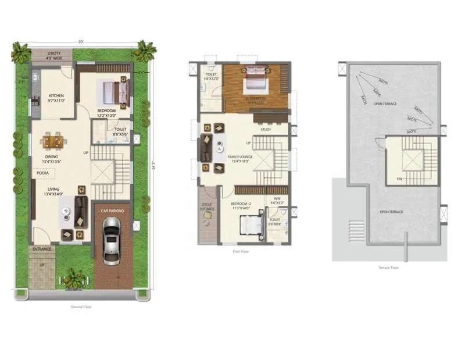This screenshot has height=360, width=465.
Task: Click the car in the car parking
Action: pos(110,240)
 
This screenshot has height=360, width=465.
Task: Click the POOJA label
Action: pos(42,173)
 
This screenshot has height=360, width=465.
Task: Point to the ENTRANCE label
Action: pos(42,249)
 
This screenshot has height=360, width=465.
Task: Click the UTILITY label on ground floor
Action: pos(52,53)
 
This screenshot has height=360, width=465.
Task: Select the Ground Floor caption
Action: pos(82,307)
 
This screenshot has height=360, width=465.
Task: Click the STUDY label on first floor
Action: pos(266,129)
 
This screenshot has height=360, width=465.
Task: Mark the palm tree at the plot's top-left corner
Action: pos(20,52)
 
